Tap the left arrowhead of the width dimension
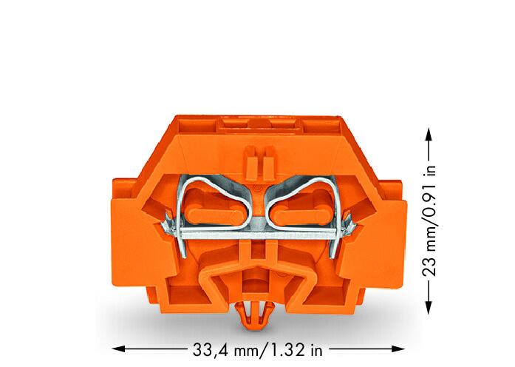click(118, 349)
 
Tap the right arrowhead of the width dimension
click(398, 349)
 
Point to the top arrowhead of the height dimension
click(429, 135)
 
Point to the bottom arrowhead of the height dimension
click(429, 308)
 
